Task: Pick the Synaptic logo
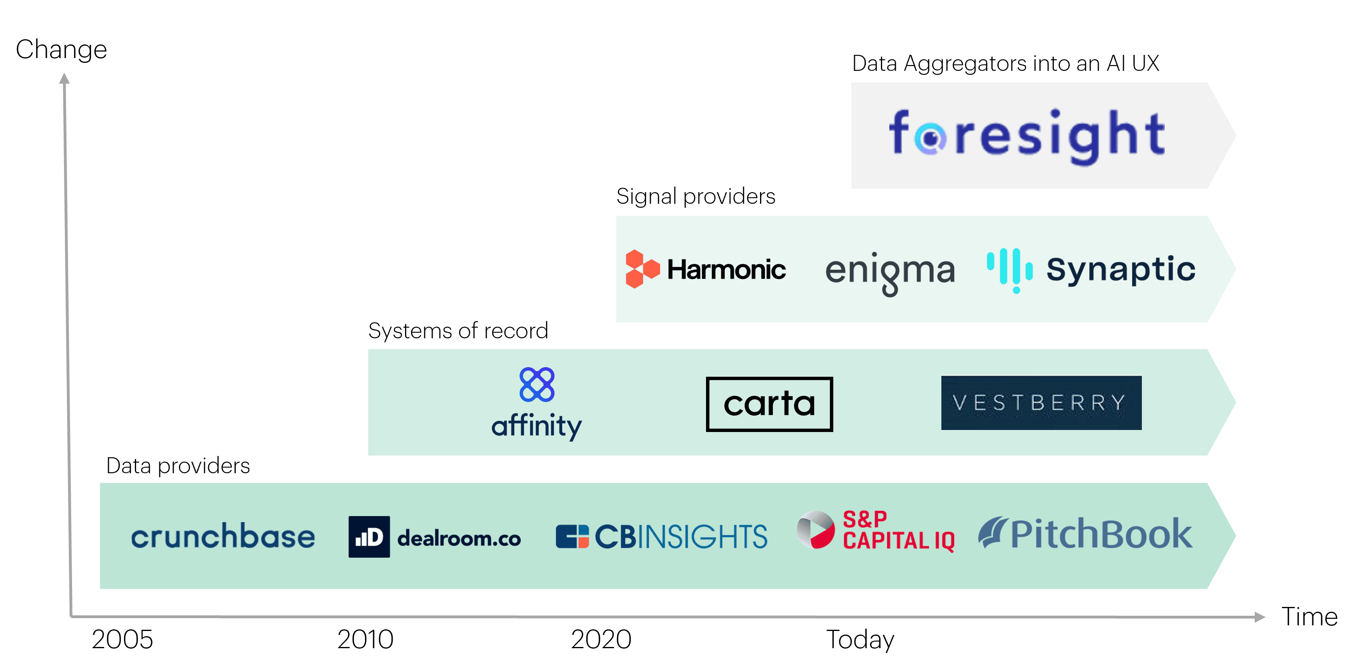(x=1091, y=270)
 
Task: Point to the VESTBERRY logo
(x=1041, y=403)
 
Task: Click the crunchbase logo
(x=223, y=536)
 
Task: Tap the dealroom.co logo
(x=434, y=537)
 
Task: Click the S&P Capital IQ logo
(x=876, y=531)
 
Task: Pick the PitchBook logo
(x=1085, y=534)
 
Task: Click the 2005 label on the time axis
(x=122, y=639)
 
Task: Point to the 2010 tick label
(x=365, y=639)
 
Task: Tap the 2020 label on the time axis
(x=601, y=639)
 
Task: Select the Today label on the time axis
(x=860, y=639)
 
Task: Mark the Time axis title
(x=1309, y=617)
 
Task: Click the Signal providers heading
(x=695, y=197)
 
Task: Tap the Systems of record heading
(x=458, y=331)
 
